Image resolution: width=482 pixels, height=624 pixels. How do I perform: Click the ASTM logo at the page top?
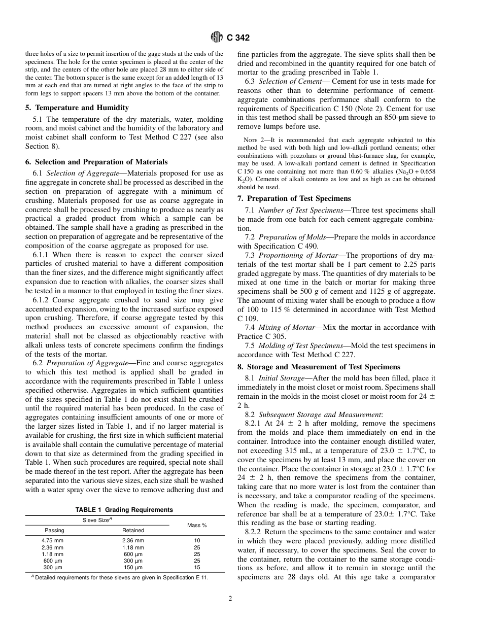tap(217, 37)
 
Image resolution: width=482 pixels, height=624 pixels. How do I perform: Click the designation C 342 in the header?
tap(238, 37)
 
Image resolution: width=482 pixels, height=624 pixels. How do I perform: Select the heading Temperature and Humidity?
tap(77, 108)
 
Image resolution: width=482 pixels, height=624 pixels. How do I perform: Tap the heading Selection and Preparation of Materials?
tap(96, 162)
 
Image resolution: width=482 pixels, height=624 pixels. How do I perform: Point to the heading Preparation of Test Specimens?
tap(294, 198)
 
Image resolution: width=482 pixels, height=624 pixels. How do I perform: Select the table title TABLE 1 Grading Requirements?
tap(124, 510)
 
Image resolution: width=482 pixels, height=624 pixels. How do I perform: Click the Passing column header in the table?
tap(54, 530)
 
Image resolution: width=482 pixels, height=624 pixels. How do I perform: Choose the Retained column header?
tap(133, 530)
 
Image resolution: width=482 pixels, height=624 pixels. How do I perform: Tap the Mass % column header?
tap(197, 525)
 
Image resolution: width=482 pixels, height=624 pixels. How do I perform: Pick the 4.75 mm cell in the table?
tap(52, 541)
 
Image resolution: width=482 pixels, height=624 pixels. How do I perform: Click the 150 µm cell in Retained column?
tap(133, 567)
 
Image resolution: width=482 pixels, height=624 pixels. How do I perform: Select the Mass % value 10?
tap(197, 541)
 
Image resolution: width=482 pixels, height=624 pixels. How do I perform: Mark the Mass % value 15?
tap(197, 567)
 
